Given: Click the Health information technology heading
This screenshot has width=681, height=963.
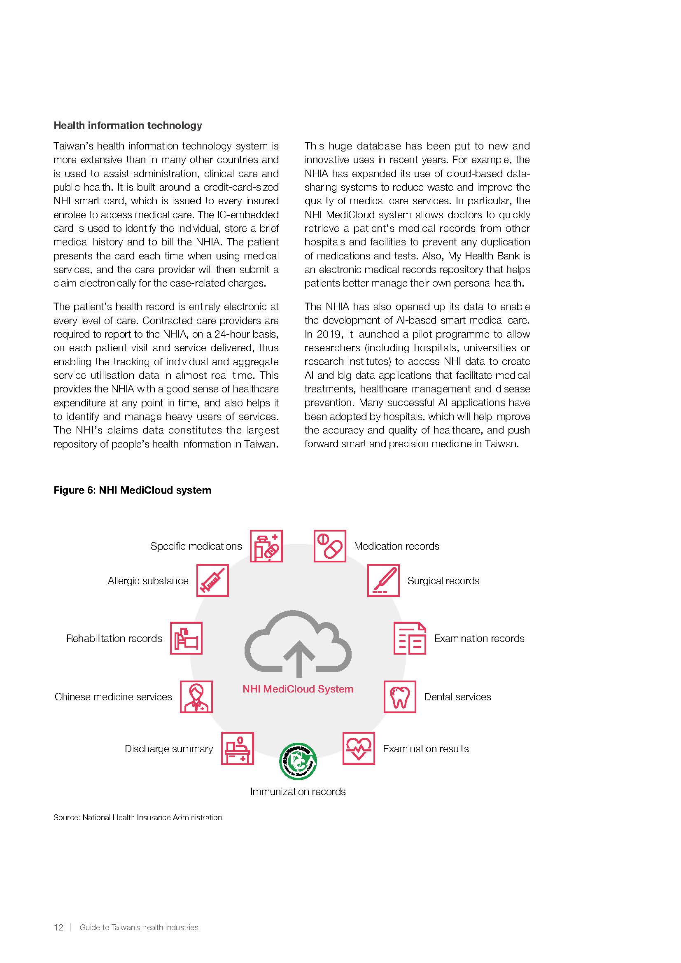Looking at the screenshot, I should pos(128,126).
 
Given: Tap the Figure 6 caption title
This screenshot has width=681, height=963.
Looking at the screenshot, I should pos(132,490).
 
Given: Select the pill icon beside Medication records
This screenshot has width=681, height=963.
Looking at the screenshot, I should pos(330,546).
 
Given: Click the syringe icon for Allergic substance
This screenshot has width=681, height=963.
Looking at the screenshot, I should pos(212,581).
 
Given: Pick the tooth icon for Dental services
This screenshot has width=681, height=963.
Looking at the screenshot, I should pos(400,697).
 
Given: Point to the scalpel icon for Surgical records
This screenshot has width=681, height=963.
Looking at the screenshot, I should pos(383,581).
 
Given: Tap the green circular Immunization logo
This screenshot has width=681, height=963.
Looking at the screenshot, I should pos(298,761).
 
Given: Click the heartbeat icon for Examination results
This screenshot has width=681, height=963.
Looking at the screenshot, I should pos(359,748).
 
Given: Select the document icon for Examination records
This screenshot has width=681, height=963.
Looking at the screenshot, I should pos(410,639).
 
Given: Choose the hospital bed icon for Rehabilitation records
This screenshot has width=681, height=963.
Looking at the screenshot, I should pos(186,639).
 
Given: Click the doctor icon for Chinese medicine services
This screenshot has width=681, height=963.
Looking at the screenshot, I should pos(196,697).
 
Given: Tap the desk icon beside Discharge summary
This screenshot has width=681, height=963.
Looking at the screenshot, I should pos(237,748).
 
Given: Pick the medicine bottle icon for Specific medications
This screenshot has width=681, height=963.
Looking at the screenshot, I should pos(266,546).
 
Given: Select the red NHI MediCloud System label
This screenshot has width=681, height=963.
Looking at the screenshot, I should pos(298,689).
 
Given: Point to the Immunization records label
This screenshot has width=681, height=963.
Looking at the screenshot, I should pos(298,792).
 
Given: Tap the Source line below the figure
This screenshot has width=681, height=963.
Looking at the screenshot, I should pos(138,818).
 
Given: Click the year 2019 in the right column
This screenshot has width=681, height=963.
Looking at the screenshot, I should pos(328,334).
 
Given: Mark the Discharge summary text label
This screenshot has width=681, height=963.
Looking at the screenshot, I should pos(168,749).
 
